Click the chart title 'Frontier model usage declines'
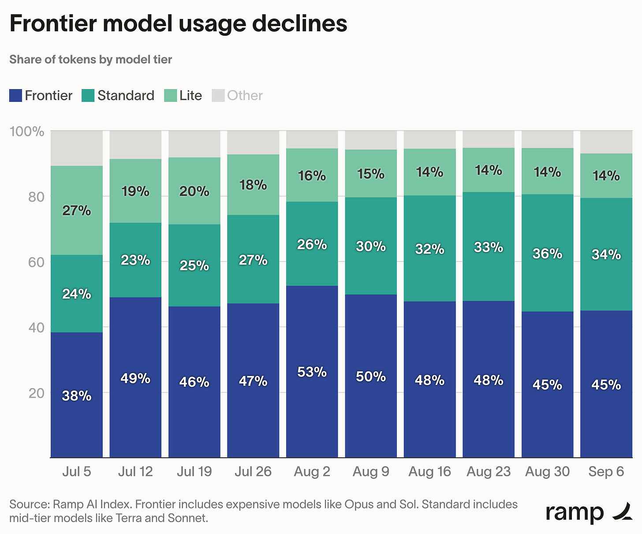[178, 24]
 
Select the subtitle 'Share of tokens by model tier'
[90, 60]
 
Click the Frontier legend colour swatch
[15, 95]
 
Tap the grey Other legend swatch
[218, 95]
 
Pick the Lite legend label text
[190, 95]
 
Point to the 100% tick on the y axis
[27, 131]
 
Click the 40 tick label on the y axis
[36, 328]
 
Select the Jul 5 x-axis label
[77, 471]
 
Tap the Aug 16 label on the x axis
[429, 471]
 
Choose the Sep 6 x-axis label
[606, 471]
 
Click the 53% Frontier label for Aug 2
[312, 372]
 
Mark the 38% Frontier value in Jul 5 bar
[77, 396]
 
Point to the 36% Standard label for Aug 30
[547, 254]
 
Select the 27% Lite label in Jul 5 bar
[77, 211]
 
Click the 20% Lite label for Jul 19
[194, 191]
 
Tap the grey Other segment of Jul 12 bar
[136, 145]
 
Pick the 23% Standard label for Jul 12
[135, 260]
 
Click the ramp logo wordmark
[575, 513]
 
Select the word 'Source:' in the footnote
[30, 504]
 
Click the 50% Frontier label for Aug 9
[371, 377]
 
